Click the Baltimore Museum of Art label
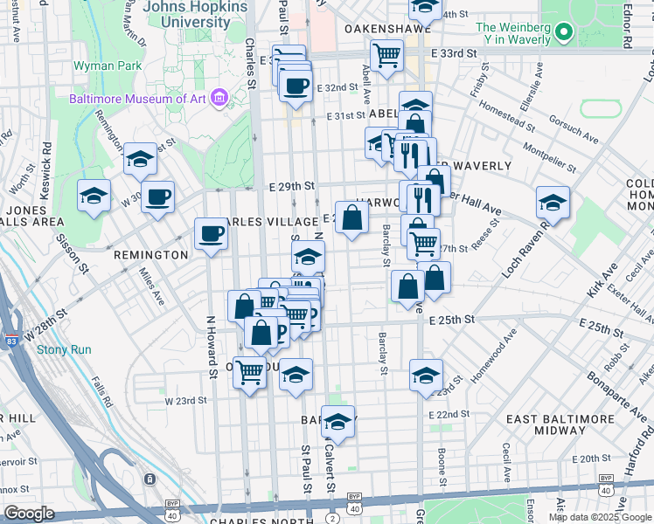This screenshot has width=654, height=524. point(137,99)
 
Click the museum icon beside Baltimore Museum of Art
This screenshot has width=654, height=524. point(219,98)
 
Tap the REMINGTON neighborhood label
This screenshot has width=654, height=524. point(150,255)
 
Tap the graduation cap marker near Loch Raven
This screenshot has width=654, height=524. point(553,203)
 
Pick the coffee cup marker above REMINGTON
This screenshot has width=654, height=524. point(211,233)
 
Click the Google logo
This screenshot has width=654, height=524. point(30,514)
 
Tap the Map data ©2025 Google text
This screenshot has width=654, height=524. point(600,517)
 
